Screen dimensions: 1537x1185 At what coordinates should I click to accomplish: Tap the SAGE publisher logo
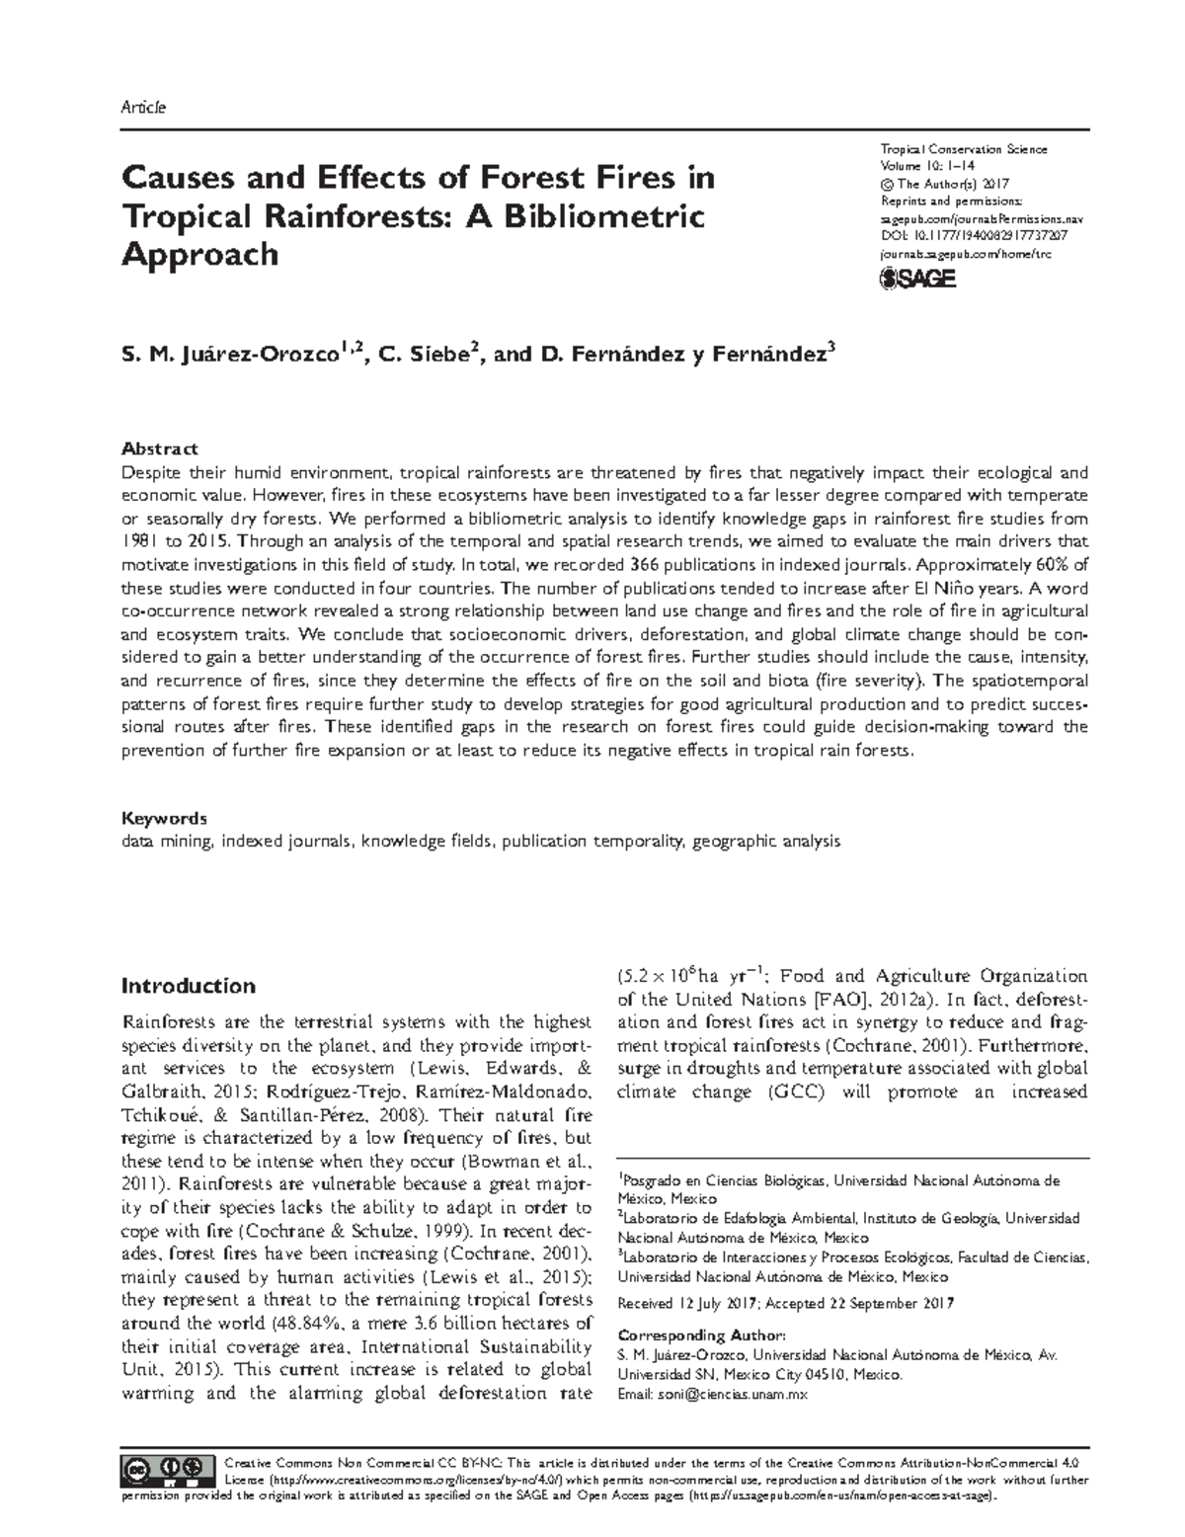[917, 280]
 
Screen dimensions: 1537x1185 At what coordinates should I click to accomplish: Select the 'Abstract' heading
[159, 449]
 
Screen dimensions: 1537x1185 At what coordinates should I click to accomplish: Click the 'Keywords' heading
[164, 819]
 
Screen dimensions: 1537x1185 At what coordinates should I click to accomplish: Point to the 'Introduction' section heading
[188, 986]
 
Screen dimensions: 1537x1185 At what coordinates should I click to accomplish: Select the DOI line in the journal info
[972, 236]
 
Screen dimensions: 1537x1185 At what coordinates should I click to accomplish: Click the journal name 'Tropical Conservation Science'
[963, 149]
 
